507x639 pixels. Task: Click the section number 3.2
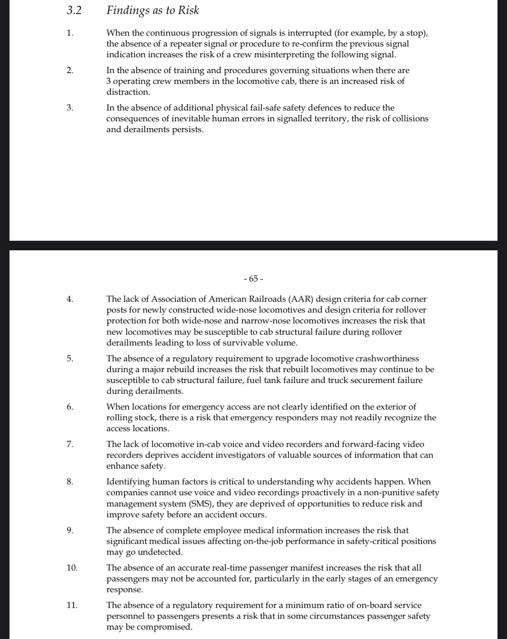coord(74,10)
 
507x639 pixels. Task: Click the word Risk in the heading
coord(188,10)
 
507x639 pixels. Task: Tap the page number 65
coord(253,278)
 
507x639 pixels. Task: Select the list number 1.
coord(69,33)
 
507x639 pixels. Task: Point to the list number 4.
coord(69,299)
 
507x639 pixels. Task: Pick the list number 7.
coord(69,444)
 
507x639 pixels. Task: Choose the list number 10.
coord(72,568)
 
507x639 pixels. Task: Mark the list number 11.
coord(72,605)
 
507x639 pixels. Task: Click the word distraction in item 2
coord(128,92)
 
